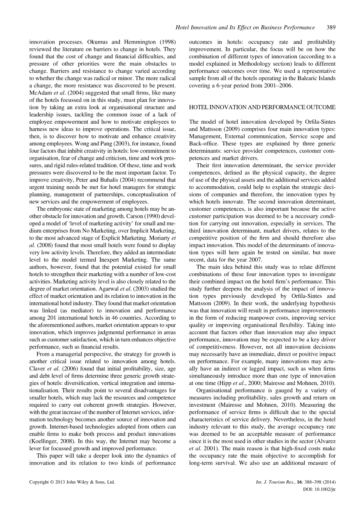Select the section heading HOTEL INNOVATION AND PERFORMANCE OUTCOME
click(262, 107)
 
